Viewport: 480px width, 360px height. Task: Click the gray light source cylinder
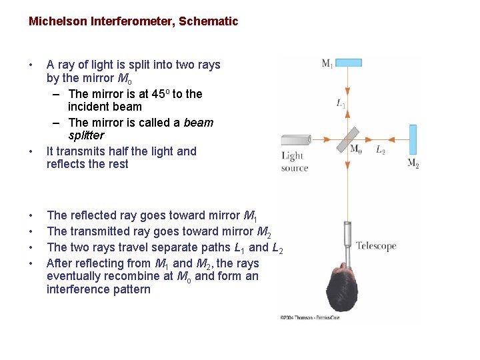[295, 139]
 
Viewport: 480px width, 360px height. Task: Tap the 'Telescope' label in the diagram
[375, 246]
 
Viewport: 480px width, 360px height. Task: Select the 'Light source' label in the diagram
[294, 161]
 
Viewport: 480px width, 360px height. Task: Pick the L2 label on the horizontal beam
[381, 150]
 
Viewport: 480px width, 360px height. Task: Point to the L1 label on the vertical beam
[340, 103]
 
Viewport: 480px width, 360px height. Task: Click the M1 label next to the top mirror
[327, 63]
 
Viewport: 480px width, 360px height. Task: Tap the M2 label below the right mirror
[413, 163]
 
